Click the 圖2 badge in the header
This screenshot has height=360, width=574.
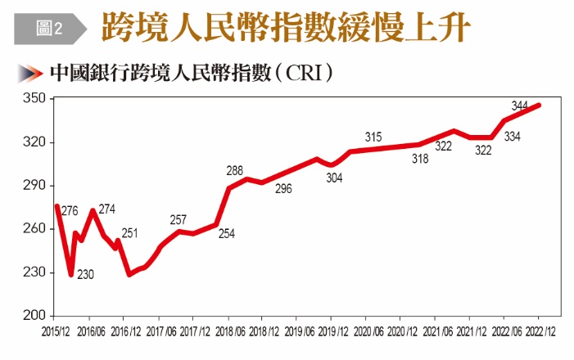click(x=50, y=29)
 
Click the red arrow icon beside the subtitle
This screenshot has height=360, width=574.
click(x=30, y=73)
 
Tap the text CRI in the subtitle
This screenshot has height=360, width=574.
click(x=304, y=73)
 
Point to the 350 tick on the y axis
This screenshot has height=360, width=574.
click(x=34, y=98)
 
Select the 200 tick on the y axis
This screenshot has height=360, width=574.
click(x=34, y=315)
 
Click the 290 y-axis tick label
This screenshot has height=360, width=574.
click(x=34, y=185)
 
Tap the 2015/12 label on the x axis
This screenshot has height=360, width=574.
click(x=56, y=332)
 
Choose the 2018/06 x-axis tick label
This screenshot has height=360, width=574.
click(x=230, y=332)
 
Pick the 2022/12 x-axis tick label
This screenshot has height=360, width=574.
click(x=540, y=332)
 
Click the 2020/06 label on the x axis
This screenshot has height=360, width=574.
click(x=368, y=332)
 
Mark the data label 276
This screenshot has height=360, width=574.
click(x=70, y=211)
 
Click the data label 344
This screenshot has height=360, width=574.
click(x=519, y=106)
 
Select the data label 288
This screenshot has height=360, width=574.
click(x=235, y=170)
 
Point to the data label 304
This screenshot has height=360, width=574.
click(x=334, y=178)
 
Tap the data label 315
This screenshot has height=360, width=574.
click(x=373, y=137)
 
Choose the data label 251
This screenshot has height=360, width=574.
click(x=129, y=233)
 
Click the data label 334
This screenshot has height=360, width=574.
click(x=512, y=137)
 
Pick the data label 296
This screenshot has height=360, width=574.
click(x=283, y=189)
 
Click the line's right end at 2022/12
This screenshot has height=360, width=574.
click(x=539, y=106)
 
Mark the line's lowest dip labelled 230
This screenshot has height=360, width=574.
click(x=71, y=274)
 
